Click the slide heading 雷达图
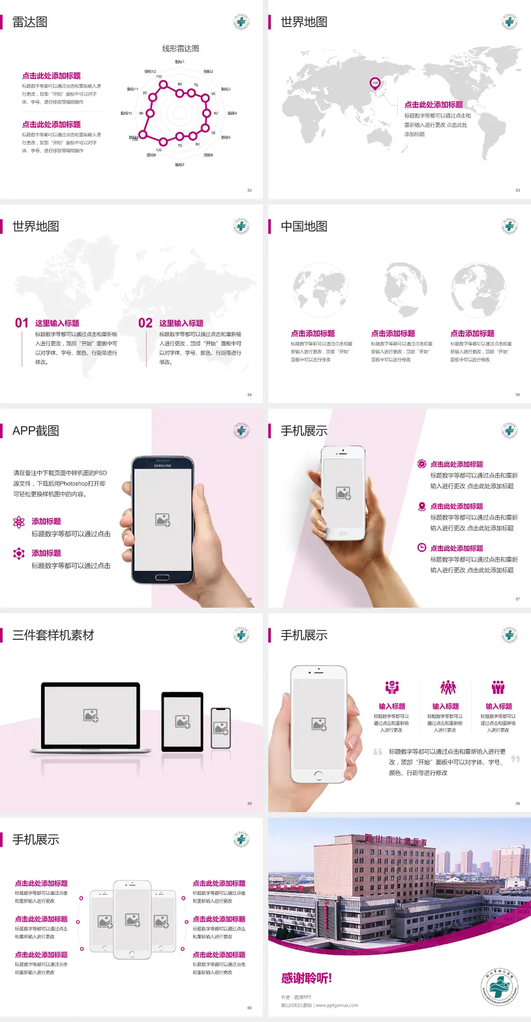coord(30,22)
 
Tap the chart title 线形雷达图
coord(180,49)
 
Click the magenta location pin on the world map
coord(375,83)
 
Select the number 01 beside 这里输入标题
coord(22,323)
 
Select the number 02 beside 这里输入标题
coord(145,323)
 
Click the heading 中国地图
coord(304,226)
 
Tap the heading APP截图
coord(36,431)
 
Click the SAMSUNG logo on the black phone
coord(163,466)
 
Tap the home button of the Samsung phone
coord(162,577)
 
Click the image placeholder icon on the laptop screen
coord(91,715)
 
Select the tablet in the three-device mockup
coord(183,721)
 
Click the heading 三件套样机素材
coord(53,635)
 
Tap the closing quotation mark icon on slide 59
coord(516,759)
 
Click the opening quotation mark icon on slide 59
coord(378,751)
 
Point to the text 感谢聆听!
coord(306,978)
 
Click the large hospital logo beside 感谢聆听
coord(499,987)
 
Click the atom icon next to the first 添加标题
coord(19,522)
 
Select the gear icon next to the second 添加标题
coord(19,554)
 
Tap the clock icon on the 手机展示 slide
coord(421,547)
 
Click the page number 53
coord(518,190)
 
